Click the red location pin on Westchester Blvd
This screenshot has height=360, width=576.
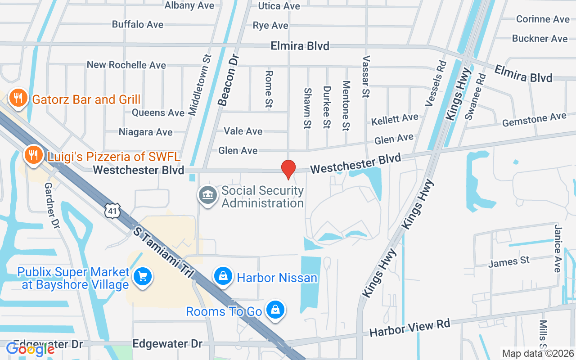pyautogui.click(x=288, y=169)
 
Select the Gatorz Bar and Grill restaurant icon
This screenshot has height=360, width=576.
pyautogui.click(x=18, y=99)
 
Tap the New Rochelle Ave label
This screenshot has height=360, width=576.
pyautogui.click(x=126, y=65)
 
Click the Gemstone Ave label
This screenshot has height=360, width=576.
pyautogui.click(x=534, y=120)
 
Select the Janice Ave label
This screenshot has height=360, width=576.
pyautogui.click(x=558, y=248)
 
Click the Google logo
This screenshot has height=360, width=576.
pyautogui.click(x=30, y=349)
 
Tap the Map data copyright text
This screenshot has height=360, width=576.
pyautogui.click(x=538, y=354)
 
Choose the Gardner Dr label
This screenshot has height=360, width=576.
pyautogui.click(x=52, y=205)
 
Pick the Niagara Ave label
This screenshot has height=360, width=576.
pyautogui.click(x=145, y=132)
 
